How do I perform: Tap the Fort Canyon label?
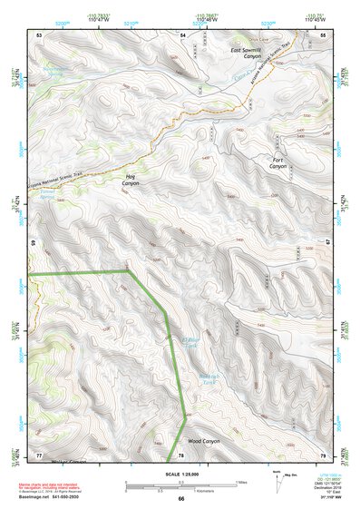pos(277,163)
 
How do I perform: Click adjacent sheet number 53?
pos(39,34)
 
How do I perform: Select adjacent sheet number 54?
pos(181,34)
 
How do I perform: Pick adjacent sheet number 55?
pos(323,34)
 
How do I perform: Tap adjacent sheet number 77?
pos(39,454)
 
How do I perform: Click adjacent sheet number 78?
pos(181,454)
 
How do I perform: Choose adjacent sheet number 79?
pos(323,454)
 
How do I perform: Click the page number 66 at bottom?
pos(180,498)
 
